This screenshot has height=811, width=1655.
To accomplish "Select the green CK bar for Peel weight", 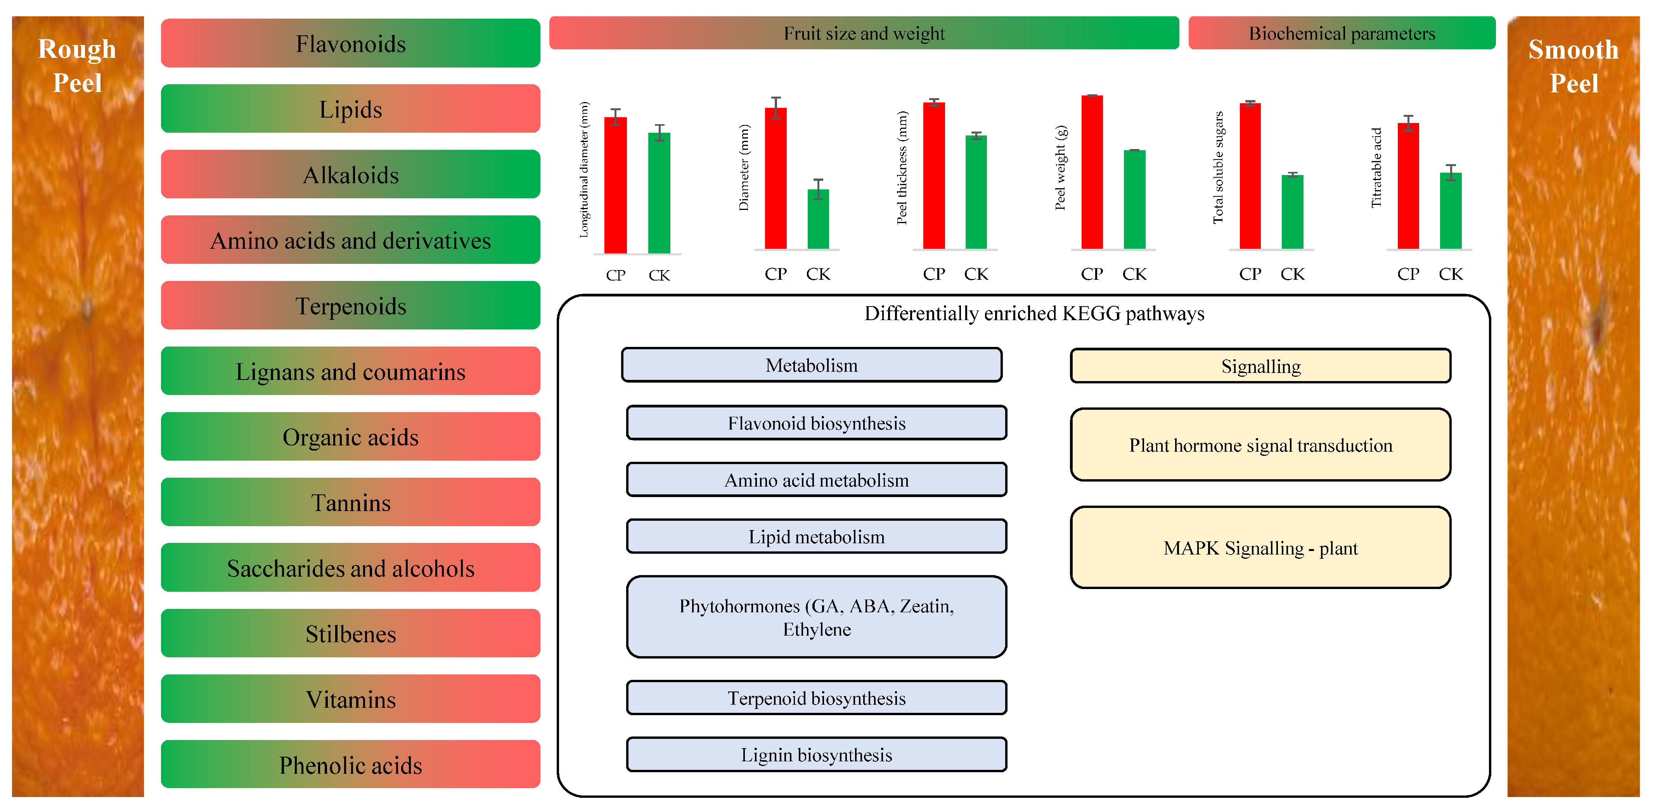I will pyautogui.click(x=1134, y=199).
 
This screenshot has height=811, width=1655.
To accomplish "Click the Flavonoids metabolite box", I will pyautogui.click(x=350, y=44).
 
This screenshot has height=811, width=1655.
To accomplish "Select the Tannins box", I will pyautogui.click(x=350, y=503).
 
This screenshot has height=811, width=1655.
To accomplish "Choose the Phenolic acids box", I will pyautogui.click(x=350, y=765).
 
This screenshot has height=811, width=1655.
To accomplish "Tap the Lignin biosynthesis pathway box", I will pyautogui.click(x=816, y=754).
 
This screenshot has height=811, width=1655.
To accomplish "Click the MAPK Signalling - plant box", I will pyautogui.click(x=1260, y=548).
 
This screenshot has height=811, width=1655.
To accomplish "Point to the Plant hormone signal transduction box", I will pyautogui.click(x=1260, y=445).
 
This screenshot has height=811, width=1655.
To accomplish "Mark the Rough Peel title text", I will pyautogui.click(x=77, y=66).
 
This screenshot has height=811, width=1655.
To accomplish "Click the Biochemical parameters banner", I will pyautogui.click(x=1342, y=33).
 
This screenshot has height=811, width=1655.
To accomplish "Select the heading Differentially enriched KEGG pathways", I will pyautogui.click(x=1034, y=314).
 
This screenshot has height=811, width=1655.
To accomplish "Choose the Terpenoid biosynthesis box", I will pyautogui.click(x=816, y=698).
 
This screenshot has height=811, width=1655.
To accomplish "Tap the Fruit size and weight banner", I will pyautogui.click(x=864, y=33).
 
